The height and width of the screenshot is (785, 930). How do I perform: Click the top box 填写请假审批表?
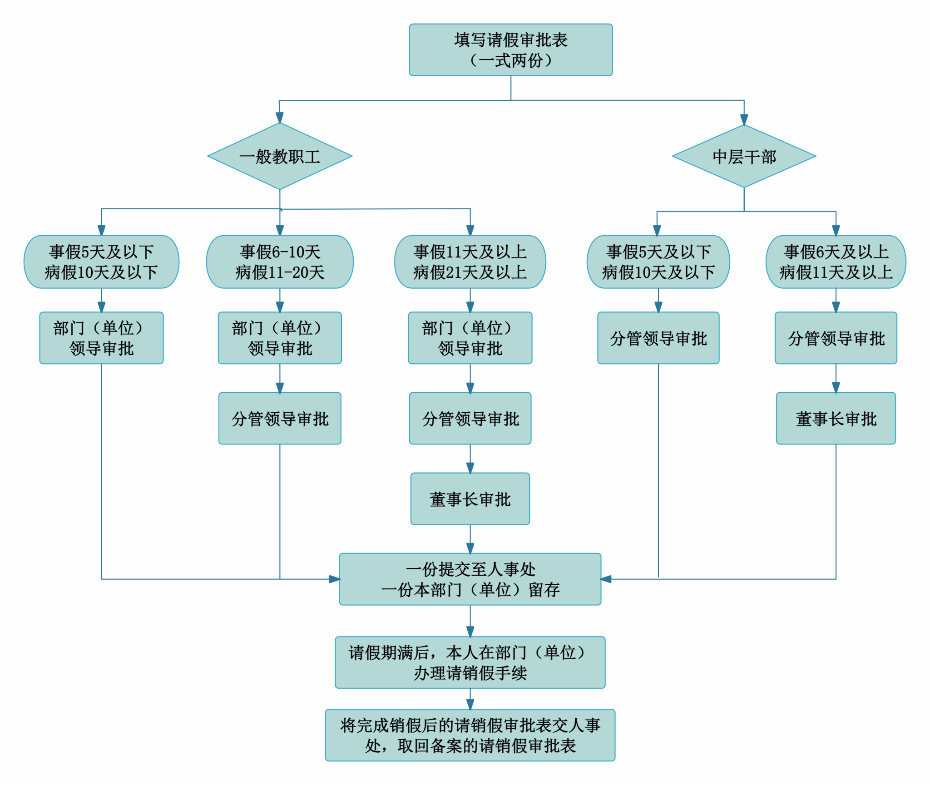point(510,49)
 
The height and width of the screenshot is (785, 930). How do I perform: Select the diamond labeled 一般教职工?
point(280,156)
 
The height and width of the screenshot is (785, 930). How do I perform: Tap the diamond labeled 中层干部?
point(744,156)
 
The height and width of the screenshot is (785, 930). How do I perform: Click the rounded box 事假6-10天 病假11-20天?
point(280,262)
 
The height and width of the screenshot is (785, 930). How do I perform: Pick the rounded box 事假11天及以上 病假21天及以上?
point(470,262)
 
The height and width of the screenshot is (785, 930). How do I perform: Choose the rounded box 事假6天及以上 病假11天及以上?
point(836,262)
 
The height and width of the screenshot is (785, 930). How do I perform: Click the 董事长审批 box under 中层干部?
point(836,418)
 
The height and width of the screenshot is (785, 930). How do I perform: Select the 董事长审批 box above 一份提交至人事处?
point(470,499)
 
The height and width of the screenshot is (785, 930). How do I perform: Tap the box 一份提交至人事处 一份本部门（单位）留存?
point(470,579)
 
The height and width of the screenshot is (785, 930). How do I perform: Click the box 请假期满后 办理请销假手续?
point(470,662)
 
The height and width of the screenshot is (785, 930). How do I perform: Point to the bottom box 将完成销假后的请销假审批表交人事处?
point(470,735)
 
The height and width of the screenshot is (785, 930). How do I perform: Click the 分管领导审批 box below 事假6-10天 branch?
point(280,418)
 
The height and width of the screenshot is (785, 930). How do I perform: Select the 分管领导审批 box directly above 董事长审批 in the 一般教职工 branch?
point(470,418)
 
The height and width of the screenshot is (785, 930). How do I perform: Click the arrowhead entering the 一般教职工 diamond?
point(280,118)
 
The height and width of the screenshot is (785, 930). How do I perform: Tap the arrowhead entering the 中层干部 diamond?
point(744,120)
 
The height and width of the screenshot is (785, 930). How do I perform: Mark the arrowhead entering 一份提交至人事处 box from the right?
point(606,579)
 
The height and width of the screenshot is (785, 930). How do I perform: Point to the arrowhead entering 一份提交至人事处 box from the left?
point(335,579)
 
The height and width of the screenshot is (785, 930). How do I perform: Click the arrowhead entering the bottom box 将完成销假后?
point(470,704)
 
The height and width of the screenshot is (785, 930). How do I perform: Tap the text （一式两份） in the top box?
point(510,60)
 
